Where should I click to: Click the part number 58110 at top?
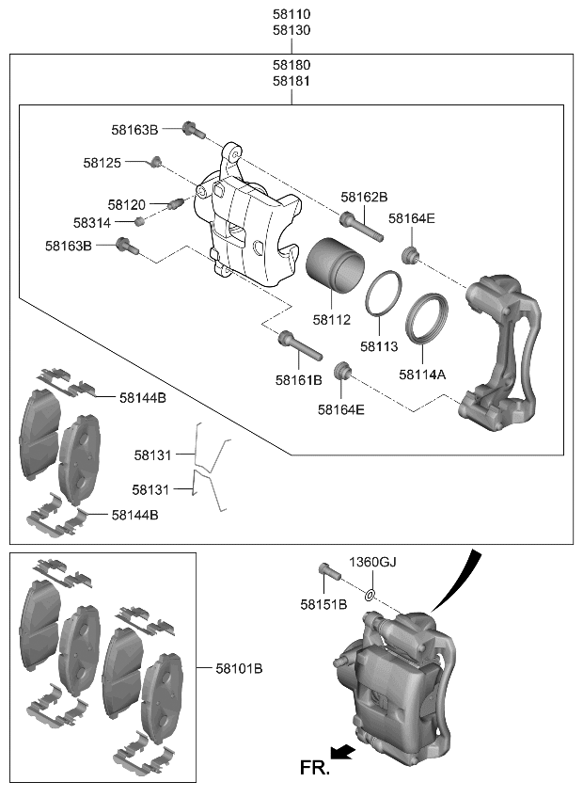click(291, 15)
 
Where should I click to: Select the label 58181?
click(291, 82)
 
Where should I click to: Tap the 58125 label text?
click(102, 163)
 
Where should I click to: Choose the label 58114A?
click(422, 375)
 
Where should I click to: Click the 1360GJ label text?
click(373, 562)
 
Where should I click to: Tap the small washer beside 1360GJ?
click(371, 595)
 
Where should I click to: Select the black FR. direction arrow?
click(344, 750)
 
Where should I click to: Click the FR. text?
click(315, 769)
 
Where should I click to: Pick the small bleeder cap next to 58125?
click(158, 165)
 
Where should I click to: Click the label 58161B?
click(299, 380)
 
